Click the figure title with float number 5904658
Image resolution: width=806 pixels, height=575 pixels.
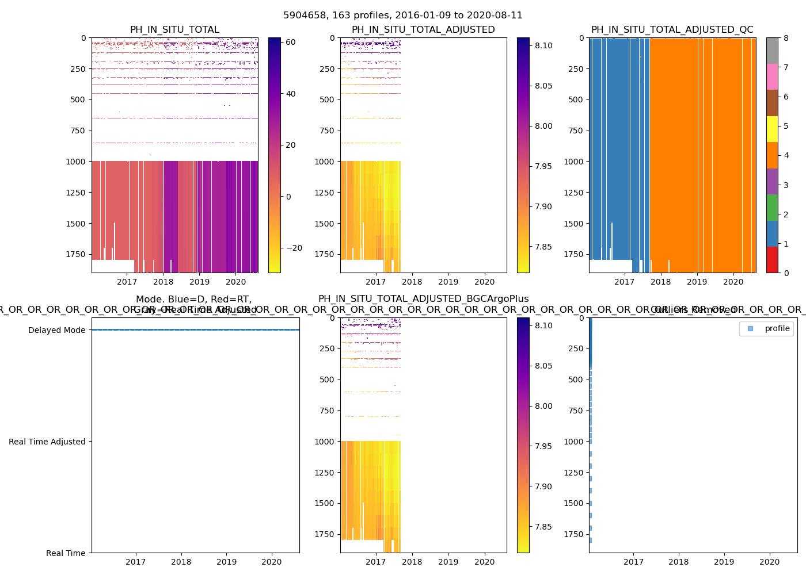403,16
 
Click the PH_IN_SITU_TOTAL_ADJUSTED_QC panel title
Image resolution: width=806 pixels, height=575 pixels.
672,30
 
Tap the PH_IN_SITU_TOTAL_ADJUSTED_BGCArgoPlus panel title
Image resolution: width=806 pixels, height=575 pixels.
423,299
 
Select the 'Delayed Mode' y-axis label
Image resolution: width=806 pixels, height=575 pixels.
56,330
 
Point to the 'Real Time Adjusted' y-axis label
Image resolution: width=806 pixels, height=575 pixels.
47,442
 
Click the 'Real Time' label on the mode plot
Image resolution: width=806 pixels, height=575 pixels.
66,553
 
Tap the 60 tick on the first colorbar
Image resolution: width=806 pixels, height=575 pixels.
291,42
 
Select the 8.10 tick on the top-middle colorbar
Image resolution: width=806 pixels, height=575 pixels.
543,46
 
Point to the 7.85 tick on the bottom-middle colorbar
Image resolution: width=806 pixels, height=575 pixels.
543,527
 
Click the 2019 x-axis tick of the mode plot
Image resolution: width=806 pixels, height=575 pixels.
226,562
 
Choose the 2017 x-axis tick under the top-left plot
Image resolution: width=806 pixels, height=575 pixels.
127,282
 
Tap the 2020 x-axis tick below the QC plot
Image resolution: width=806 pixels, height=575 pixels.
733,282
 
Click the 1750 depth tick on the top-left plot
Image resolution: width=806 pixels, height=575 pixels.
75,254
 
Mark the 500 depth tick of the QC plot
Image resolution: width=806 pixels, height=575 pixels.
576,99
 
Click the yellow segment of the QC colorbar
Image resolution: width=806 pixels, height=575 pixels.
772,129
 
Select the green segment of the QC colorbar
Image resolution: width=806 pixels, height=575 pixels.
772,207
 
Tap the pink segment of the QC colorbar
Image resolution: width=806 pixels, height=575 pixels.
772,77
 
